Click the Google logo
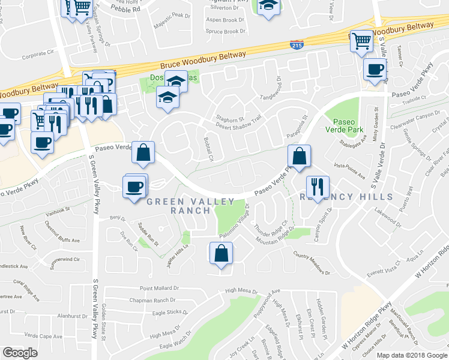click(20, 353)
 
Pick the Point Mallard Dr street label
click(160, 289)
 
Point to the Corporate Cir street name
click(37, 54)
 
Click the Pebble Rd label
click(128, 9)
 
